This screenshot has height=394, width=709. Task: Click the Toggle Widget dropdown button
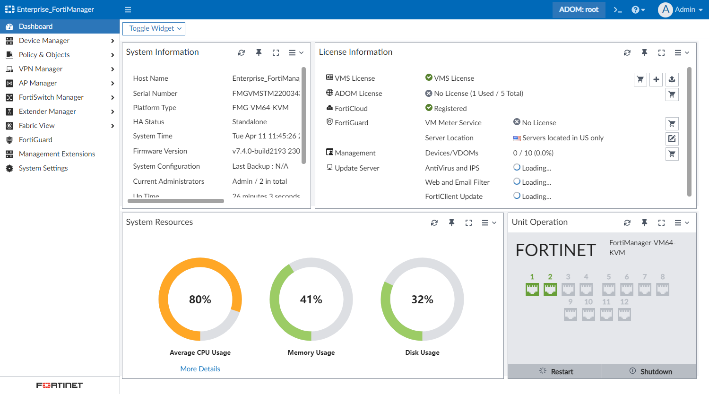(154, 29)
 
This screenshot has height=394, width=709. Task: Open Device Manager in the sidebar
(44, 41)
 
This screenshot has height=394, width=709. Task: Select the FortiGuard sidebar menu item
(35, 140)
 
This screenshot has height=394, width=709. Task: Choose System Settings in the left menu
(43, 168)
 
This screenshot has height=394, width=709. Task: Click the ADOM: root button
(579, 9)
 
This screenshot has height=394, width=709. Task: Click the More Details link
(200, 369)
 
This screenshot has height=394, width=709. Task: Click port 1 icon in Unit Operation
(532, 290)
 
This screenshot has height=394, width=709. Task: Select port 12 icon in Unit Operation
(624, 315)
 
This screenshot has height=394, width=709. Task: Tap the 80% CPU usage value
(200, 300)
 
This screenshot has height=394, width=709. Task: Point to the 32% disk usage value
(422, 300)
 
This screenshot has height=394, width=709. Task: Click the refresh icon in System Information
(242, 53)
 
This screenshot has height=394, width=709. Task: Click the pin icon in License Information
(644, 53)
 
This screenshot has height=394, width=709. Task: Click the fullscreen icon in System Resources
(468, 223)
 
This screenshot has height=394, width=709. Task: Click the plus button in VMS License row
(656, 79)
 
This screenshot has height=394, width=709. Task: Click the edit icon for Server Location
(672, 139)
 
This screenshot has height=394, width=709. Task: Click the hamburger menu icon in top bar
(128, 9)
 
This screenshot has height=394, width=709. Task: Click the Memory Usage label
(311, 352)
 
